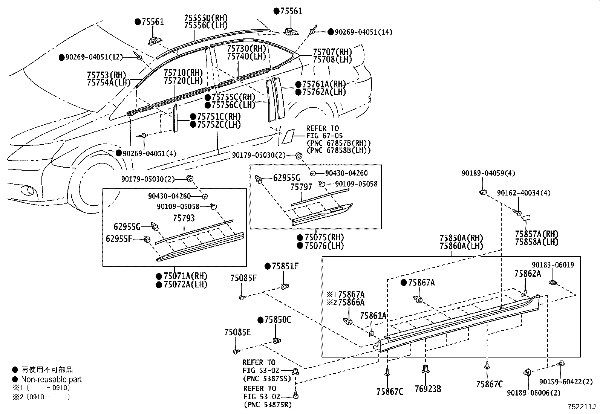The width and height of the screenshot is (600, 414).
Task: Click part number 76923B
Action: pyautogui.click(x=428, y=389)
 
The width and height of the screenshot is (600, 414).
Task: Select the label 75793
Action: pyautogui.click(x=184, y=218)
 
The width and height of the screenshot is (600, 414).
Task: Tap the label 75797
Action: pyautogui.click(x=301, y=187)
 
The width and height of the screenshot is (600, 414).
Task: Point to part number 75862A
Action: pyautogui.click(x=528, y=274)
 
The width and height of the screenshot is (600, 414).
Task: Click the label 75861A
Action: pyautogui.click(x=373, y=316)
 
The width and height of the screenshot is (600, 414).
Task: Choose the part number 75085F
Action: pyautogui.click(x=243, y=278)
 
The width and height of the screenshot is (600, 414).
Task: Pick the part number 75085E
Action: pyautogui.click(x=237, y=332)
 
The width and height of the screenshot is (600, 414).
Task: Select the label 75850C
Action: pyautogui.click(x=277, y=320)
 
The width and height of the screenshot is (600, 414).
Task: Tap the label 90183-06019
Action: pyautogui.click(x=553, y=265)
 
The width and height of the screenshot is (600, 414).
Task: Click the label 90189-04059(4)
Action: pyautogui.click(x=483, y=173)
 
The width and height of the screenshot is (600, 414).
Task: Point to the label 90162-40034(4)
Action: pyautogui.click(x=523, y=193)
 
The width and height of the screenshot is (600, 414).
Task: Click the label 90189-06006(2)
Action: pyautogui.click(x=533, y=393)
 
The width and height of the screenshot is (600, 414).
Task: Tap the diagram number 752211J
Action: pyautogui.click(x=582, y=407)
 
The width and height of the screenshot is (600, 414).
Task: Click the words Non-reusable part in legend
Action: pyautogui.click(x=51, y=380)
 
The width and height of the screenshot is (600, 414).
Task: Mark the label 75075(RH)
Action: pyautogui.click(x=324, y=238)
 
